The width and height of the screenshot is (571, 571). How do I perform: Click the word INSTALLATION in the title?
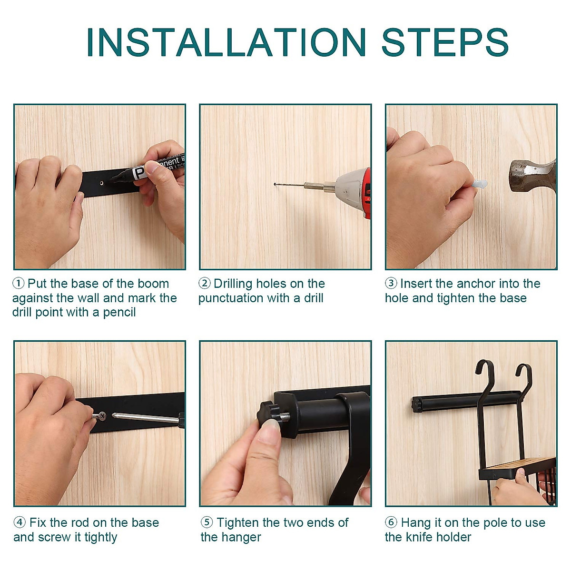click(x=226, y=42)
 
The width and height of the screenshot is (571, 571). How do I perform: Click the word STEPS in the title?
click(x=445, y=42)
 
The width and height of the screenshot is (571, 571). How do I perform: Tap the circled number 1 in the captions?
click(x=19, y=283)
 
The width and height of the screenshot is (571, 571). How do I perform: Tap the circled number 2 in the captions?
click(x=205, y=283)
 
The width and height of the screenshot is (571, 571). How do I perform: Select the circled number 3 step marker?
click(x=391, y=283)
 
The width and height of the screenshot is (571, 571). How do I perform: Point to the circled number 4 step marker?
click(x=20, y=522)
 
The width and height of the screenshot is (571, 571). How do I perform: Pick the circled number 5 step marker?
click(x=207, y=522)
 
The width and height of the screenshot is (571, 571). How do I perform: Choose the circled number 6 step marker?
click(x=391, y=522)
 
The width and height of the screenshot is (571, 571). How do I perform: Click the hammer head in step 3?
click(x=532, y=176)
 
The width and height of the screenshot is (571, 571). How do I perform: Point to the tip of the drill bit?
click(x=275, y=184)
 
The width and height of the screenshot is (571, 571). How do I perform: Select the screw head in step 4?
click(x=102, y=416)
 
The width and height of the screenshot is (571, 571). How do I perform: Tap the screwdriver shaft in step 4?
click(x=145, y=417)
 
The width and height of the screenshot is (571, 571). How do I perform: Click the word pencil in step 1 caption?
click(x=119, y=313)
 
